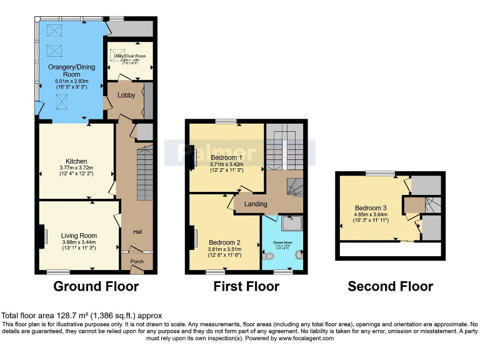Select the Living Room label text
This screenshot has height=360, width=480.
click(x=79, y=236)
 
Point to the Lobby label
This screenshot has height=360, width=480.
click(x=126, y=96)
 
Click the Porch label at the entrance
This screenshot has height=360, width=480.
click(x=137, y=261)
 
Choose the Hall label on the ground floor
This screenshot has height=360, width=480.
click(x=137, y=232)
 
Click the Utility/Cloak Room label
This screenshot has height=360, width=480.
click(x=129, y=56)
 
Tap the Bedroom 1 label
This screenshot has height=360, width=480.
click(x=226, y=157)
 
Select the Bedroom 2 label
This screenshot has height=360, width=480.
click(x=224, y=242)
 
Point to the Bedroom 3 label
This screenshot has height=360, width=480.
click(x=371, y=208)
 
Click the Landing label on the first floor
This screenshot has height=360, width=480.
click(x=256, y=204)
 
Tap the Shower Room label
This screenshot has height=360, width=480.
click(x=282, y=242)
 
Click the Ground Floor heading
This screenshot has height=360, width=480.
click(x=96, y=287)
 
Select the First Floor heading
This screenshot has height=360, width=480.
click(x=246, y=287)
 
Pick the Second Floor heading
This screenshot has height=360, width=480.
click(x=390, y=287)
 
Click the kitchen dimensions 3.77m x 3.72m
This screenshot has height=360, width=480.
click(x=76, y=167)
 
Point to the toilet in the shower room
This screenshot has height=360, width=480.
click(x=269, y=256)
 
